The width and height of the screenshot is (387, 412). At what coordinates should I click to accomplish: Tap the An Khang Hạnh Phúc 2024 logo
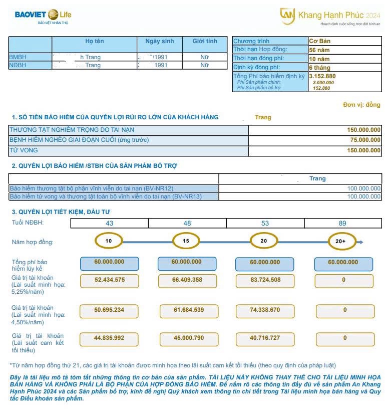[x=330, y=17]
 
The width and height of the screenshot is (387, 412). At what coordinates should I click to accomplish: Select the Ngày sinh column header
[x=159, y=42]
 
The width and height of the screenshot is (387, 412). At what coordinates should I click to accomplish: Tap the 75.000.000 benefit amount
[x=364, y=140]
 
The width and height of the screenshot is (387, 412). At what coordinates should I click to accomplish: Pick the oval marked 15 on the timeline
[x=186, y=242]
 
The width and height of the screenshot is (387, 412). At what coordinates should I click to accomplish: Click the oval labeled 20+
[x=342, y=242]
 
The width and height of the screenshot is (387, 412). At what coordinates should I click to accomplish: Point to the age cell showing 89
[x=343, y=223]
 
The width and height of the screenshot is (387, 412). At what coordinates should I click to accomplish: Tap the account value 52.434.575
[x=109, y=280]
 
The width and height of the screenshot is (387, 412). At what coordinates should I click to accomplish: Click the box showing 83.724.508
[x=265, y=280]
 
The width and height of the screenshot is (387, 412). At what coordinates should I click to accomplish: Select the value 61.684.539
[x=187, y=310]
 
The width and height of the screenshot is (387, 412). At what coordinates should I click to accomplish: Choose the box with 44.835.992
[x=109, y=338]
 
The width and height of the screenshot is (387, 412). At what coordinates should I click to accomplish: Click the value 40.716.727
[x=265, y=338]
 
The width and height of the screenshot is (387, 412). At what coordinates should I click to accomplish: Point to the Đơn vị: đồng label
[x=361, y=105]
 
